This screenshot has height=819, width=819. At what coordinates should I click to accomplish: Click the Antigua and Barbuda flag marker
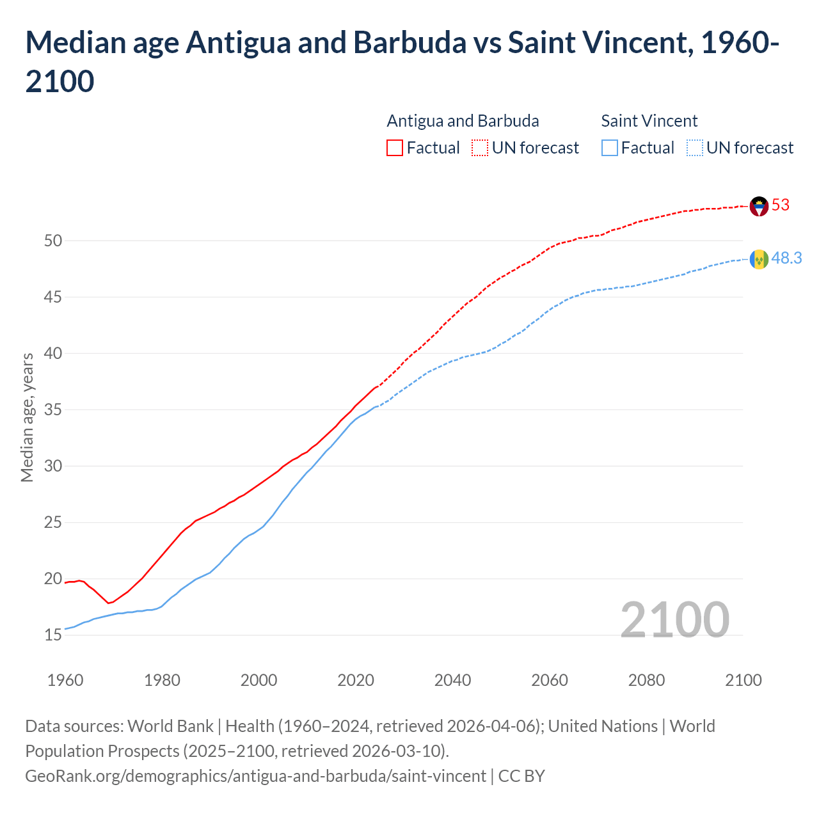759,206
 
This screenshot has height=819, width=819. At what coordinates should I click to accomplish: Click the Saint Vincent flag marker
759,259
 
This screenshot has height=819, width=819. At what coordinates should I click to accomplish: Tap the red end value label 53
781,205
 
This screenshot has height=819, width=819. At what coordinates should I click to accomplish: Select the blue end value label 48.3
786,258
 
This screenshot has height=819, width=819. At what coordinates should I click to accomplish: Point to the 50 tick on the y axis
53,241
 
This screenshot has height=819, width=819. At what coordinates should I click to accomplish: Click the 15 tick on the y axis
53,635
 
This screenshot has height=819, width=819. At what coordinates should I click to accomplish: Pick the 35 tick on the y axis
53,410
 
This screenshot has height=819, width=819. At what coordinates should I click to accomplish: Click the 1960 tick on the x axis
65,680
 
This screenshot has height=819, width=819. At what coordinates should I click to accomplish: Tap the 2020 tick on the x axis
356,680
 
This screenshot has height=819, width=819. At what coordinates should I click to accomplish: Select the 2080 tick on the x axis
646,680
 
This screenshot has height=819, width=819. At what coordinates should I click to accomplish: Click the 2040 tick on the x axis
452,680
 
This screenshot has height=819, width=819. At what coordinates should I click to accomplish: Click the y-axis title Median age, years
27,417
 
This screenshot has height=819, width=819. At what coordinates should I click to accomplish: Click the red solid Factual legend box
395,148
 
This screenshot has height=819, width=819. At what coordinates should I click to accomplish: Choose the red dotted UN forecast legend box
480,148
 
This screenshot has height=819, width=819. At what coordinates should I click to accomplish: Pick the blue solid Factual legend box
610,148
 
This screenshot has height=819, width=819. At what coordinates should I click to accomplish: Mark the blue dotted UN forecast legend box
694,148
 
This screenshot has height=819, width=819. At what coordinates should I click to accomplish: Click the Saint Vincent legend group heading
649,121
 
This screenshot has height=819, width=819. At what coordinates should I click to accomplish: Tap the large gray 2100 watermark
674,619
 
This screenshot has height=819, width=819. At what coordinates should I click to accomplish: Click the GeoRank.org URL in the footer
255,776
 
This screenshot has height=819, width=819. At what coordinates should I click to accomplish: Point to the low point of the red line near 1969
109,603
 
